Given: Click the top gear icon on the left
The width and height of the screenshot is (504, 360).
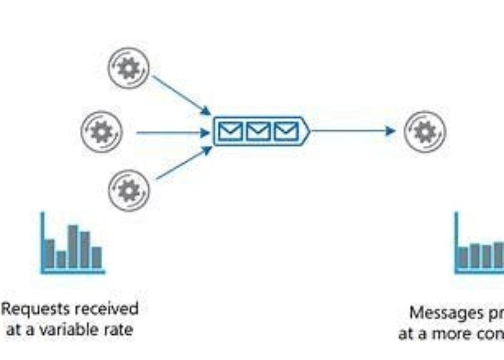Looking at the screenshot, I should pos(128,68).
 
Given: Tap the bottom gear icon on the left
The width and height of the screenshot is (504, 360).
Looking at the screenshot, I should pos(128,190).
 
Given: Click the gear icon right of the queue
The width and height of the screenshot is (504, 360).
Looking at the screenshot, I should pos(425,131).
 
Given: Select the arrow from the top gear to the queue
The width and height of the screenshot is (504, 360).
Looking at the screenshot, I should pos(181,95).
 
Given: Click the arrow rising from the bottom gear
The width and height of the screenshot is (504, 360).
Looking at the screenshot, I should pos(184,163).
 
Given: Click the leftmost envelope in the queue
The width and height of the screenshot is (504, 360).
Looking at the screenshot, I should pos(231,131).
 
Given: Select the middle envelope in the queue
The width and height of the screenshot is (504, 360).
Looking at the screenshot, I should pos(259,131).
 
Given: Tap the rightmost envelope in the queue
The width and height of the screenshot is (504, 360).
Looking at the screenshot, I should pos(286,131).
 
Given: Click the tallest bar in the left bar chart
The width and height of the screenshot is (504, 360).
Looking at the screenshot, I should pos(73,247).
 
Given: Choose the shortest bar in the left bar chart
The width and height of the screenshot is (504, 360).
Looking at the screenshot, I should pos(61,259).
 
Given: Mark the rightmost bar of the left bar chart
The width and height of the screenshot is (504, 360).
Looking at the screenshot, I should pos(97,257).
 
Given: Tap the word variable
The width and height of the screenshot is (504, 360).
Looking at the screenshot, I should pos(71,329).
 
